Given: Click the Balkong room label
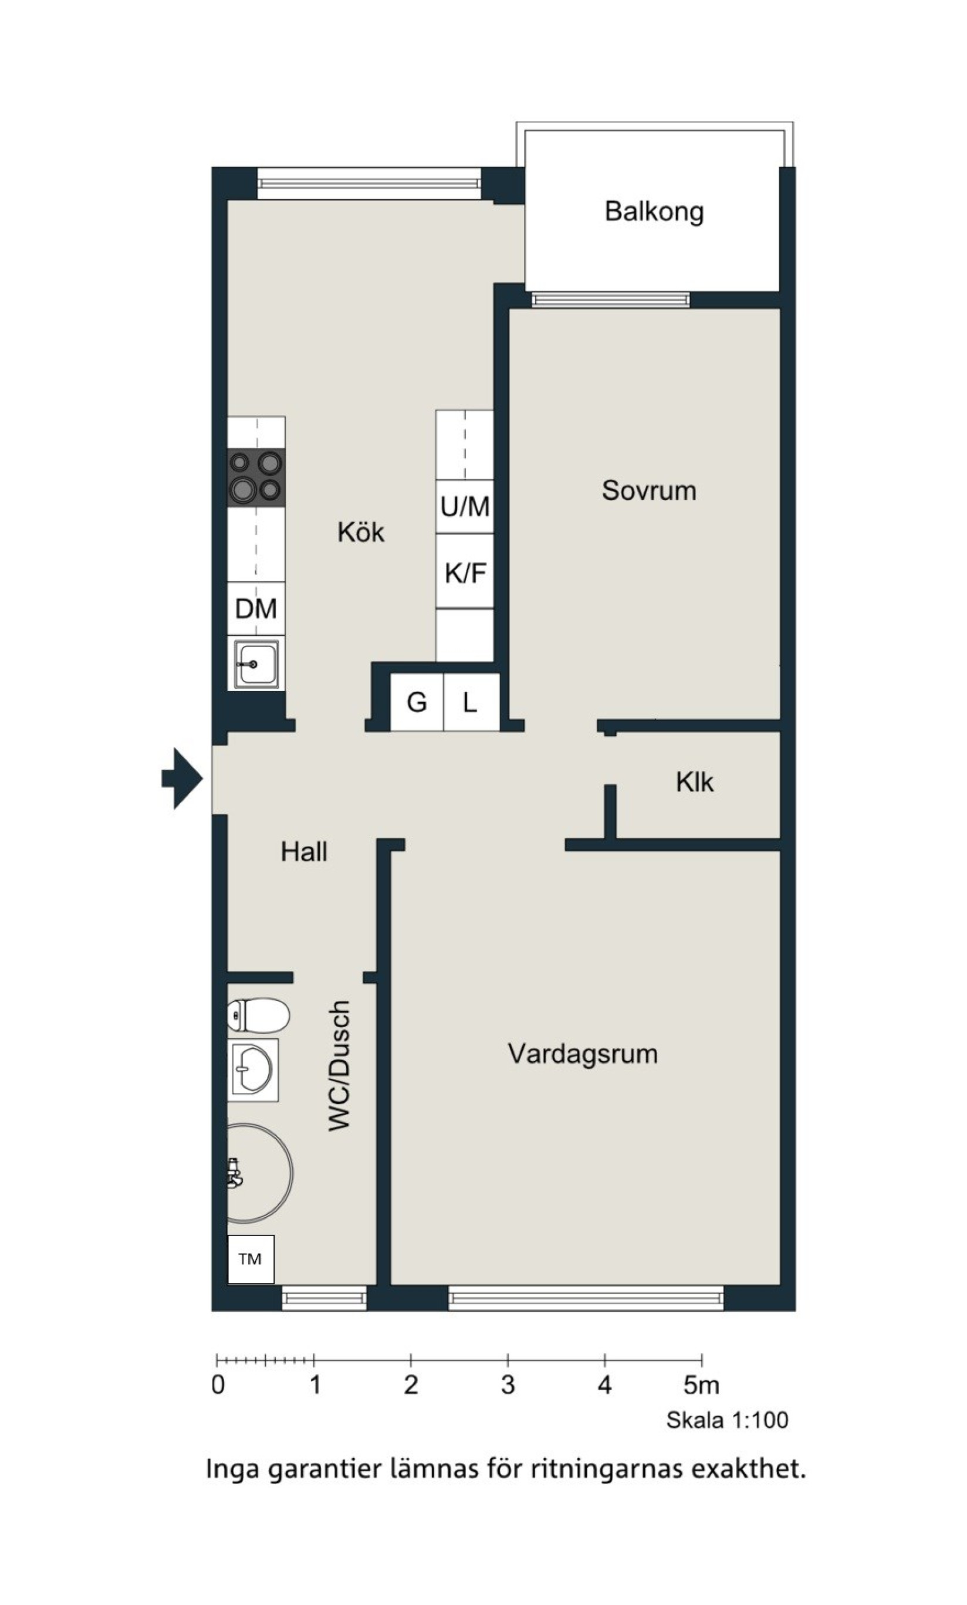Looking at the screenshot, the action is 654,212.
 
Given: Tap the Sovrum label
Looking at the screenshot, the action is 649,490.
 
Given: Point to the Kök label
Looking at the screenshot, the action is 360,532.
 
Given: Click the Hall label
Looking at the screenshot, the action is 303,851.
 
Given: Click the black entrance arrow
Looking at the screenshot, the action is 182,778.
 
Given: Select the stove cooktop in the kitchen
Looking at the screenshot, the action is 256,478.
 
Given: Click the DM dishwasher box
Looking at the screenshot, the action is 256,608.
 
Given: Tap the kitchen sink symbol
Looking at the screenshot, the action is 256,663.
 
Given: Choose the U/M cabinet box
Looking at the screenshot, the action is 465,507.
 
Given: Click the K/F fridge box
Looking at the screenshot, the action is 465,572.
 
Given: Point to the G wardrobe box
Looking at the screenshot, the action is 417,702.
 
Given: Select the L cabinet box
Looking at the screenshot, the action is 471,702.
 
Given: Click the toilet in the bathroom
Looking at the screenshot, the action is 258,1015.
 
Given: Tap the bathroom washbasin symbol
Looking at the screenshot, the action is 253,1069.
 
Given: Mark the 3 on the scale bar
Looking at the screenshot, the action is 508,1386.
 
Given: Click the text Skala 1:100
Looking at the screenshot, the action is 727,1421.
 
